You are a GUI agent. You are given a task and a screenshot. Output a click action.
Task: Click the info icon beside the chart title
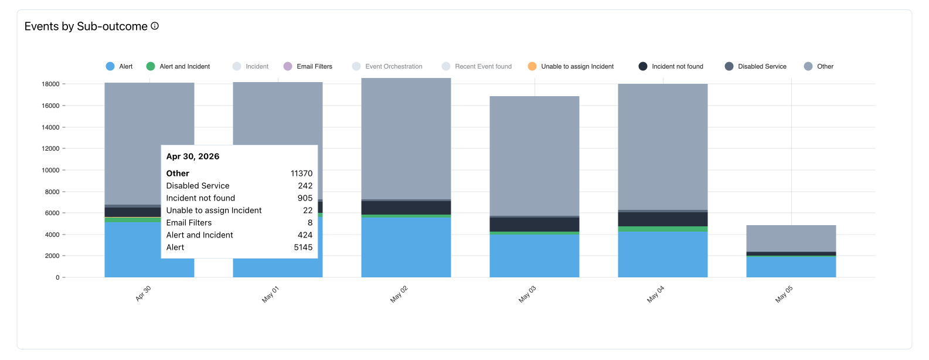[155, 26]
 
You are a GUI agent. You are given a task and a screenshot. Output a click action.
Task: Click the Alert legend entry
[120, 66]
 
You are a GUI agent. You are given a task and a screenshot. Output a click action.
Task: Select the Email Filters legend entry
[308, 66]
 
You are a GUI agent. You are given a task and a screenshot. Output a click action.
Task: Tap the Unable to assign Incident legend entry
[571, 66]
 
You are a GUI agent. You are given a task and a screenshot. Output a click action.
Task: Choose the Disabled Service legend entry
[756, 66]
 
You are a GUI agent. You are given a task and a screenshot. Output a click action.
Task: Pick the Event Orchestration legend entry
[387, 66]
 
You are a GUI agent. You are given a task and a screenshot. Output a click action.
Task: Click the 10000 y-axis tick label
[50, 170]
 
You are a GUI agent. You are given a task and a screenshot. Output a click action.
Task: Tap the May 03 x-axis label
[527, 294]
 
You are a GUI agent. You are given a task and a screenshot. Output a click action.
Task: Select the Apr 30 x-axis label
[143, 294]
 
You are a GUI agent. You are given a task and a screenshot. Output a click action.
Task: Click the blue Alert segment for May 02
[406, 247]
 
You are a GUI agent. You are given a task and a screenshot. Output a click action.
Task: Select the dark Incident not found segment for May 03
[535, 225]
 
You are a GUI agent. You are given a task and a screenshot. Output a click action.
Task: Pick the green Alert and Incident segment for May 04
[663, 229]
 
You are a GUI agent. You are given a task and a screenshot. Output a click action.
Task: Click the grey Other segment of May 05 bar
[791, 239]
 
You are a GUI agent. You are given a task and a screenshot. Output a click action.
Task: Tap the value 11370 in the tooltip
[301, 174]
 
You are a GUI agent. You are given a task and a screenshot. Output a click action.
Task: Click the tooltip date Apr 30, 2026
[193, 157]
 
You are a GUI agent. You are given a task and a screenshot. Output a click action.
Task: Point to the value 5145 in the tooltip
[303, 247]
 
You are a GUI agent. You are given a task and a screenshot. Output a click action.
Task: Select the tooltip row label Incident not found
[200, 198]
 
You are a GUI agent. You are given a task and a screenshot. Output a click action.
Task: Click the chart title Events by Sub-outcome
[86, 26]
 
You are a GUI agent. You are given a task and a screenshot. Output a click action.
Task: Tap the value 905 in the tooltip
[305, 198]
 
